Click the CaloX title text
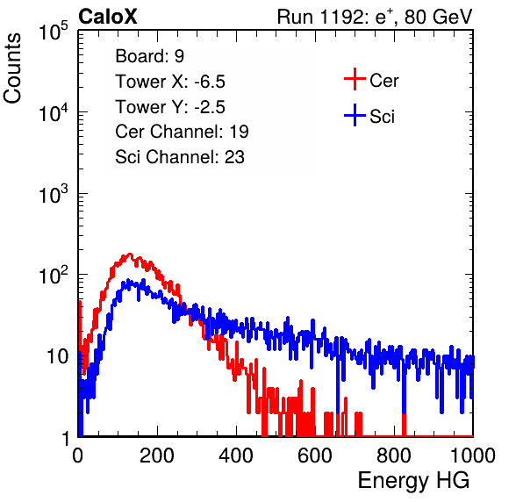[x=108, y=17]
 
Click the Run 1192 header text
[x=375, y=17]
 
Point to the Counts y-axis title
[x=12, y=68]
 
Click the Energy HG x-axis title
[x=413, y=481]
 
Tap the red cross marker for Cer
[x=355, y=79]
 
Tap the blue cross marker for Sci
[x=355, y=115]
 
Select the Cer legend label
[x=383, y=81]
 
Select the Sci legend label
[x=382, y=117]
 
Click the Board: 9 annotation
[x=149, y=56]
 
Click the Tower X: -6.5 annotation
[x=170, y=82]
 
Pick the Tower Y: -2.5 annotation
[x=170, y=107]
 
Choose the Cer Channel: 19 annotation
[x=182, y=132]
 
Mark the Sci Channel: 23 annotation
[x=180, y=157]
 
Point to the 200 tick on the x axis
[x=157, y=455]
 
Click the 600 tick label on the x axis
[x=315, y=455]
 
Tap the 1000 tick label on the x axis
[x=473, y=455]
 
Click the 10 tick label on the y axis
[x=57, y=356]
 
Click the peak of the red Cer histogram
[x=130, y=254]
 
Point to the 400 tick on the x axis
[x=236, y=455]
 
